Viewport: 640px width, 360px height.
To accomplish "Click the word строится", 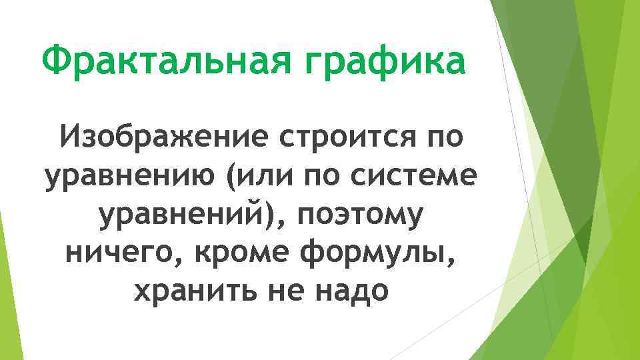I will pos(342,141).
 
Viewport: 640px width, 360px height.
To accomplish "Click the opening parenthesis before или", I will pos(230,179).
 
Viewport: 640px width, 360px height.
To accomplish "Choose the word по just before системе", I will pos(325,179).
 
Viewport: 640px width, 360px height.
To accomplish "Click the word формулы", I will pos(385,253).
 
